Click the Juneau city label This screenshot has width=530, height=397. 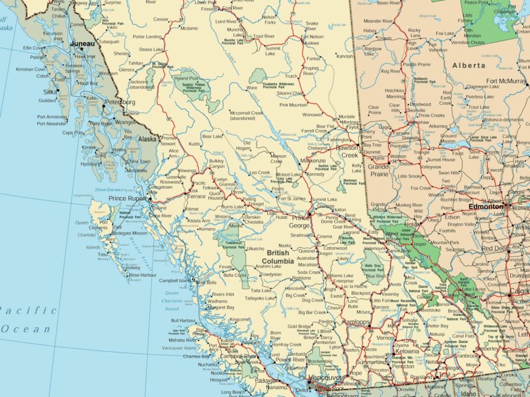83,44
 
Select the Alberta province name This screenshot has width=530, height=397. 468,65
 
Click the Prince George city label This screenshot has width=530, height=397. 301,221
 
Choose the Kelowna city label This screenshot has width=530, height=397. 407,351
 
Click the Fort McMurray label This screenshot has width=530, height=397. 506,81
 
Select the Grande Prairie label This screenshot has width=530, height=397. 378,170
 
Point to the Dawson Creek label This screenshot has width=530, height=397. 346,151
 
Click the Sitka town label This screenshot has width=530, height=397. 50,92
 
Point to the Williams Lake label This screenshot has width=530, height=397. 340,275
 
